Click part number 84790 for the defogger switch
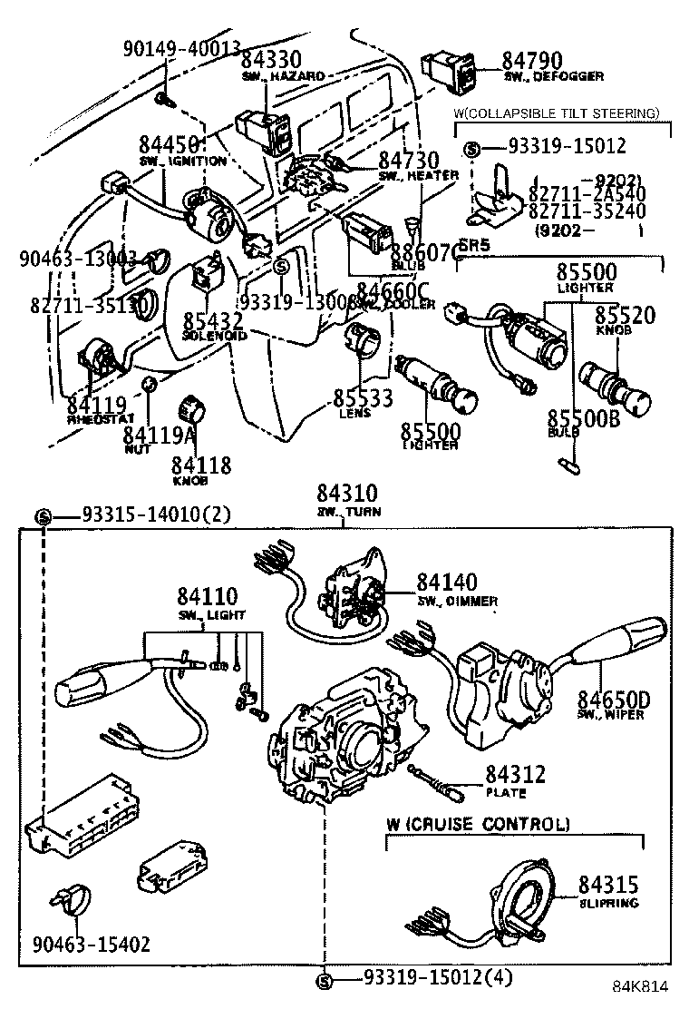click(x=532, y=61)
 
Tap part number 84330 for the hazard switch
click(x=271, y=61)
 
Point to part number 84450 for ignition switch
click(x=170, y=144)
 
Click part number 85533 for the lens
click(x=363, y=397)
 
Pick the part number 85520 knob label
click(x=625, y=315)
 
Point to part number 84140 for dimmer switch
click(x=448, y=582)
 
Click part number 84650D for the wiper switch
click(x=615, y=699)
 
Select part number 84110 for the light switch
click(x=207, y=596)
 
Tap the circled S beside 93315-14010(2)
click(x=44, y=516)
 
